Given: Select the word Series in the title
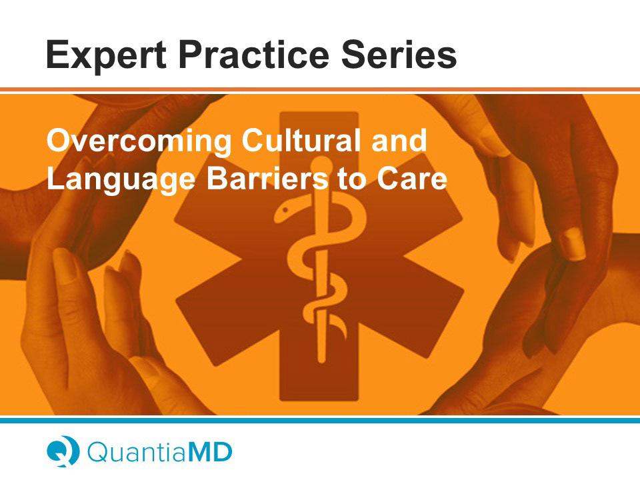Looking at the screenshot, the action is click(399, 54).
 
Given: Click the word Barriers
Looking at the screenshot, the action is click(267, 179).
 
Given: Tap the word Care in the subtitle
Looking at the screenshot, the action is click(412, 179).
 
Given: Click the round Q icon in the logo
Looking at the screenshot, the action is click(63, 451).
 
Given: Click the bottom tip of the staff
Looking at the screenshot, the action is click(321, 361).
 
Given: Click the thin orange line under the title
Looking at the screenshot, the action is click(320, 89).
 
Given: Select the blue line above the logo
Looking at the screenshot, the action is click(320, 420).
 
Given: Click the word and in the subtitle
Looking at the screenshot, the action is click(399, 140).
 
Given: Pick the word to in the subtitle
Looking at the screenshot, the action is click(352, 180).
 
